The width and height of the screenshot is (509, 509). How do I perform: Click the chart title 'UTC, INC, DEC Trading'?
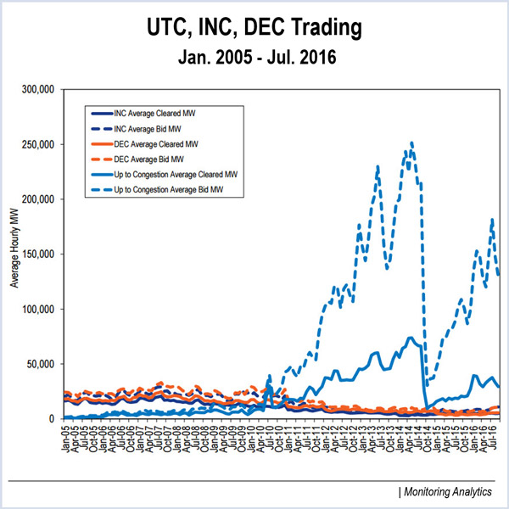(254, 27)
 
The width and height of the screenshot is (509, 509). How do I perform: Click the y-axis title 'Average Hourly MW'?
(14, 255)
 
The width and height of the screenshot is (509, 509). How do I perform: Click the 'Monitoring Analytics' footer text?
(449, 492)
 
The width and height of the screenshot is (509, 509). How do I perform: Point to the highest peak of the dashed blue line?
(411, 143)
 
